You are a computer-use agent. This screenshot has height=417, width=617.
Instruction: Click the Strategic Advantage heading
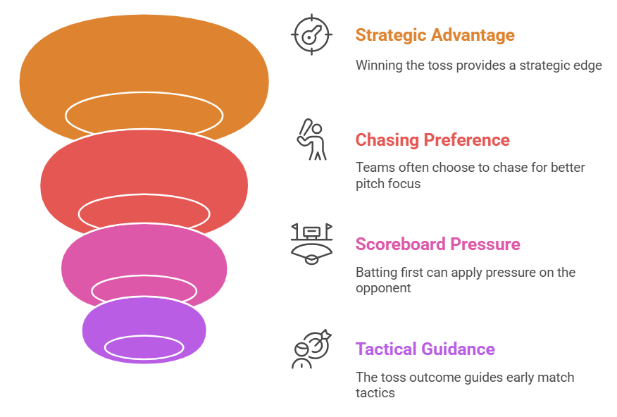pyautogui.click(x=435, y=35)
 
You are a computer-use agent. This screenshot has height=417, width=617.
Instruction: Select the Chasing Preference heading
pyautogui.click(x=432, y=139)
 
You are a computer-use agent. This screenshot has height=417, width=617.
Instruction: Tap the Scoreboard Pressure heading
pyautogui.click(x=437, y=244)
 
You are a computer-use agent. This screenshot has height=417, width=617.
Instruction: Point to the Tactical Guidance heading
pyautogui.click(x=425, y=349)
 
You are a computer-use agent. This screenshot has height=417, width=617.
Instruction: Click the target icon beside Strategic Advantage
pyautogui.click(x=311, y=35)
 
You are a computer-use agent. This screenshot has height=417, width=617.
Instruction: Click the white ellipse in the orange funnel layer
pyautogui.click(x=144, y=114)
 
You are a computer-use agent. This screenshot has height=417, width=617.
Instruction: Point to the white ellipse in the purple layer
pyautogui.click(x=144, y=346)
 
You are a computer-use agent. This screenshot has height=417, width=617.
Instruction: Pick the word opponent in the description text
pyautogui.click(x=382, y=288)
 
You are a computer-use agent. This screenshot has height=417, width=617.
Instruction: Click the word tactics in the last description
pyautogui.click(x=375, y=392)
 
